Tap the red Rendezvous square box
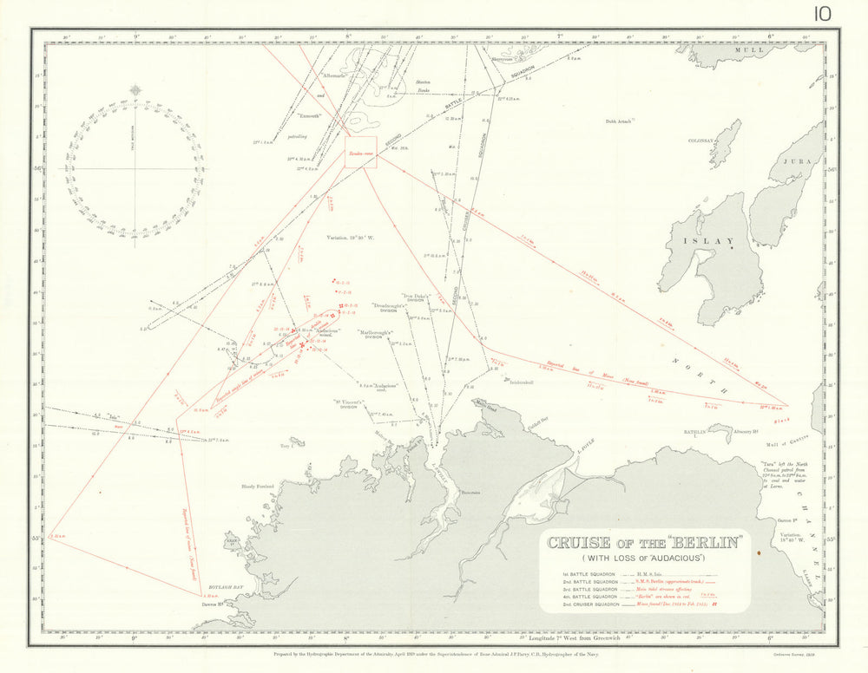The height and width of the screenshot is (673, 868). click(x=360, y=150)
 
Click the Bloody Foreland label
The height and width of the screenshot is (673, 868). click(x=258, y=487)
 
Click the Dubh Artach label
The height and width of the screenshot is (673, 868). click(x=619, y=121)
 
